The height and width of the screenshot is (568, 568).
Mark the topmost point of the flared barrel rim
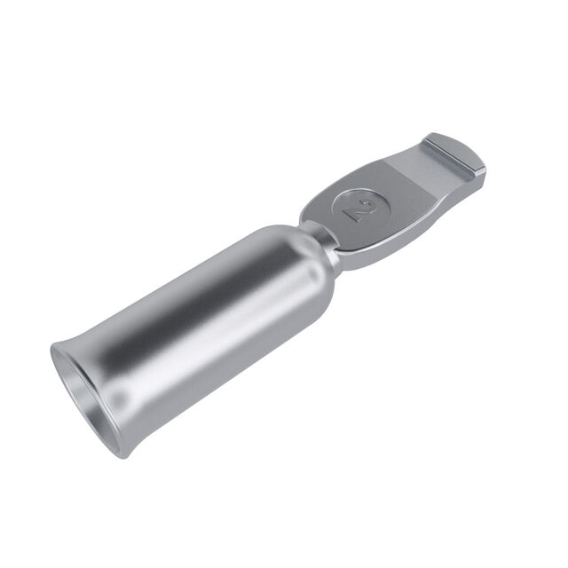(x=53, y=343)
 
